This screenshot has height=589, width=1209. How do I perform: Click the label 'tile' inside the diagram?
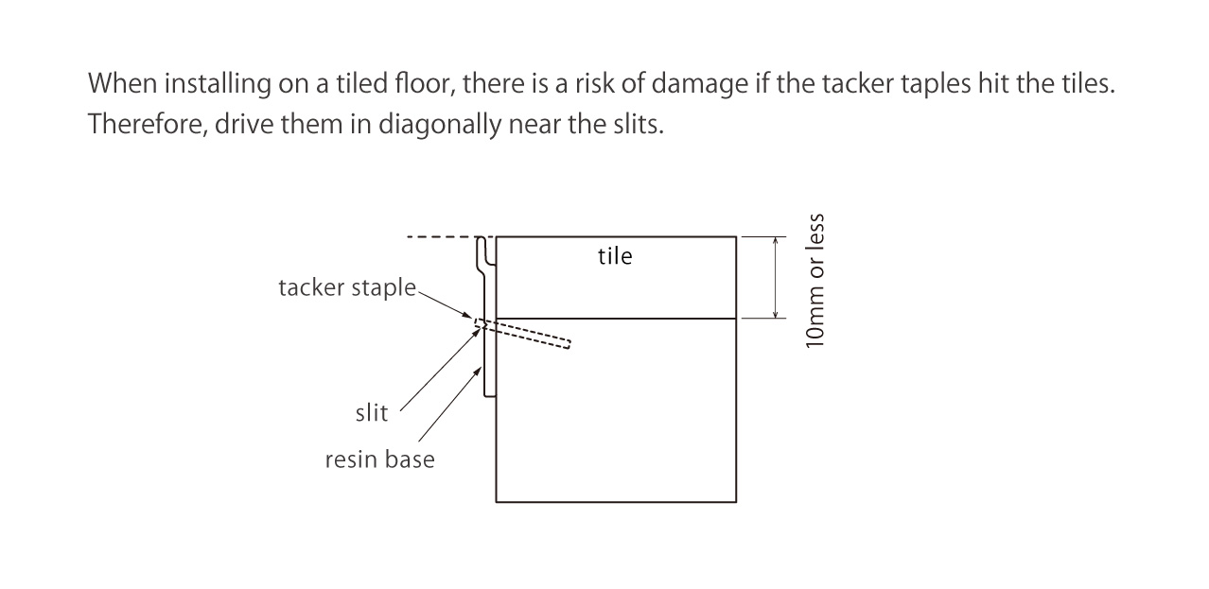point(615,256)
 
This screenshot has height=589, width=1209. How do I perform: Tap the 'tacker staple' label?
point(346,287)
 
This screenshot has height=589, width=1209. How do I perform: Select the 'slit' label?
point(372,413)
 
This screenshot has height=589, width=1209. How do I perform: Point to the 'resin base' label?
point(379,460)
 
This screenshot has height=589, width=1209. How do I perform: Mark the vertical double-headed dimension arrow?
point(776,277)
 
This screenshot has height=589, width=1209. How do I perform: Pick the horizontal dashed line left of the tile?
point(440,237)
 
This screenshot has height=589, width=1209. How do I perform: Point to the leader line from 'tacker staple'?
point(444,303)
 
